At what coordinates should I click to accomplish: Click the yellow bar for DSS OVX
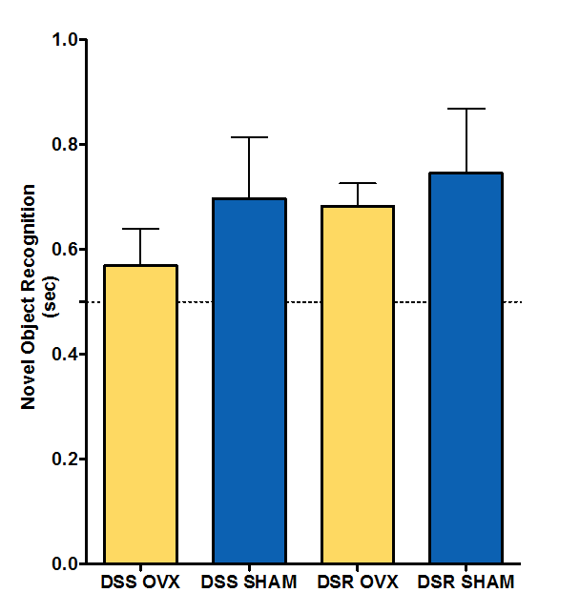tap(141, 414)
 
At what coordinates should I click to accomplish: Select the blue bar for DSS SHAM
tap(249, 380)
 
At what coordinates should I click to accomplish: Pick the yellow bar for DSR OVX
tap(358, 384)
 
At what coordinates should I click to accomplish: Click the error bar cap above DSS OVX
tap(141, 229)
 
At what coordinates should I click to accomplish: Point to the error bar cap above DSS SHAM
tap(249, 137)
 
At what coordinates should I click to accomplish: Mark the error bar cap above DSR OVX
tap(358, 183)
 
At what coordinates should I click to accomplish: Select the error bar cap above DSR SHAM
tap(466, 109)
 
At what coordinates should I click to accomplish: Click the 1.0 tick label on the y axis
tap(66, 40)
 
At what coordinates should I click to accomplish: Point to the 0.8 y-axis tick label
tap(66, 145)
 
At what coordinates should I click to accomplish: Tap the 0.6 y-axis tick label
tap(66, 250)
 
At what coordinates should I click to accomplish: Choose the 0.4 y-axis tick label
tap(66, 355)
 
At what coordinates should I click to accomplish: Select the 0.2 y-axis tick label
tap(66, 460)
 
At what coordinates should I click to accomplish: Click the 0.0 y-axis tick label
tap(66, 563)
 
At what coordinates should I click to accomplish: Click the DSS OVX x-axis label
tap(140, 581)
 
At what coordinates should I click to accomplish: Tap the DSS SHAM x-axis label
tap(249, 581)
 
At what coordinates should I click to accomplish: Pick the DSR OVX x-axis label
tap(358, 581)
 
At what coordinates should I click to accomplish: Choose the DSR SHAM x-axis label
tap(466, 581)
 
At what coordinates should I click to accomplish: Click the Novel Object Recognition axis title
tap(30, 296)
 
